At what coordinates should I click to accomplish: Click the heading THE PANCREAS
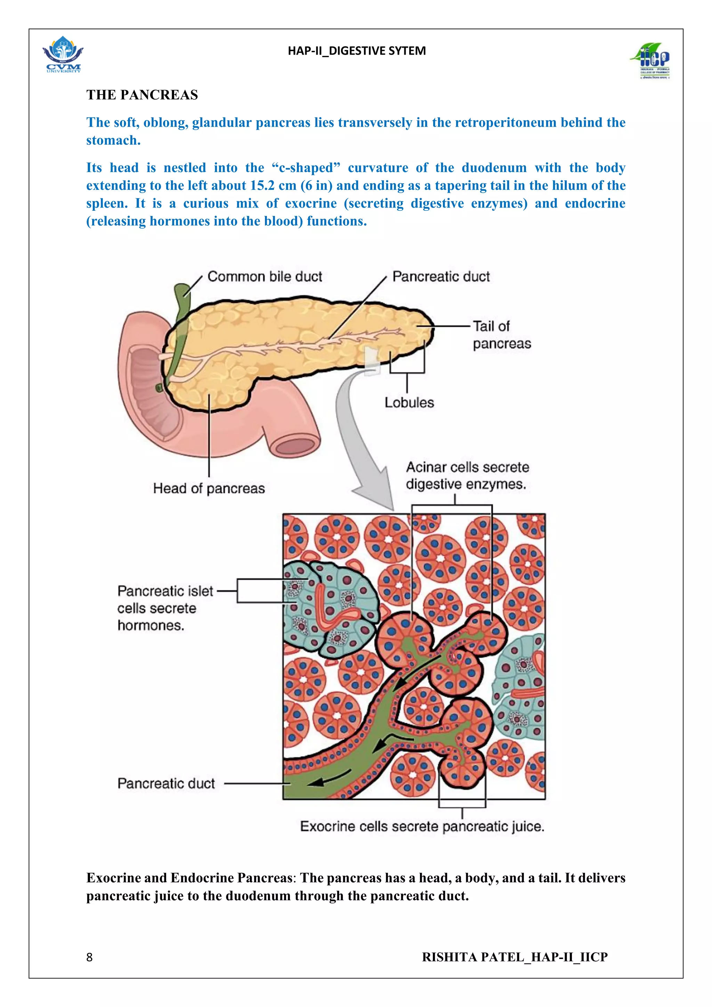point(142,95)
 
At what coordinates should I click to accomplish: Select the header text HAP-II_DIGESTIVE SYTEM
point(356,51)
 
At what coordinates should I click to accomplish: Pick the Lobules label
point(409,403)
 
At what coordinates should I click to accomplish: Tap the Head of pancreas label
point(209,488)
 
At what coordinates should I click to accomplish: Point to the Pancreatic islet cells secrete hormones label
point(165,608)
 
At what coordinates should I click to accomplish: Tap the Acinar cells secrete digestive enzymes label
point(467,475)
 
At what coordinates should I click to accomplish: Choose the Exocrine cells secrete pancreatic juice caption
point(422,827)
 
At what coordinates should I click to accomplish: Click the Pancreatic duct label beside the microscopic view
point(166,783)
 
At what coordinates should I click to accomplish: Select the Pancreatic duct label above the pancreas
point(440,277)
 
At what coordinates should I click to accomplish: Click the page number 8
point(89,957)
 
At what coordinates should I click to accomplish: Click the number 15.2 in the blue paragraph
point(262,186)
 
